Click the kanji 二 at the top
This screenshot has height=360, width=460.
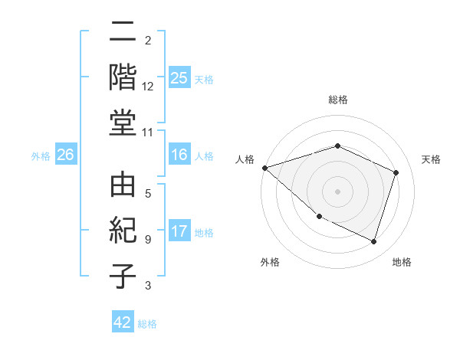tap(123, 33)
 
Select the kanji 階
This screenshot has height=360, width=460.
tap(123, 78)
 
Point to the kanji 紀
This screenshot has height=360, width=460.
tap(123, 231)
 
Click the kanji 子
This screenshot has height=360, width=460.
tap(123, 277)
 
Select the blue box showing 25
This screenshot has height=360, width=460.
tap(179, 78)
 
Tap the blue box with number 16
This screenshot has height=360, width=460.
tap(179, 155)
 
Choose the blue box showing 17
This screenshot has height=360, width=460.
tap(179, 231)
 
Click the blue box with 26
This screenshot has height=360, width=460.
tap(65, 155)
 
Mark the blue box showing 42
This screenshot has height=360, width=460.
tap(123, 322)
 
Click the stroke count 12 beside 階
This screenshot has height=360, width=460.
tap(148, 86)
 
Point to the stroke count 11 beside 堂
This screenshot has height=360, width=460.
tap(148, 133)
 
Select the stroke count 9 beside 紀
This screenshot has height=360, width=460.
tap(148, 239)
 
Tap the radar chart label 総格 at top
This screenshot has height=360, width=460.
tap(338, 100)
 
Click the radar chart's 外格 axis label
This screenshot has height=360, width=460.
tap(270, 262)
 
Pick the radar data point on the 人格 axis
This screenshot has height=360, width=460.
tap(264, 168)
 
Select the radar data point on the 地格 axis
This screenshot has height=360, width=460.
tap(373, 242)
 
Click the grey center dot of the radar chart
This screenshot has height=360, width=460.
tap(337, 191)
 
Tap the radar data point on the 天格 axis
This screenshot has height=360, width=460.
tap(396, 173)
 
